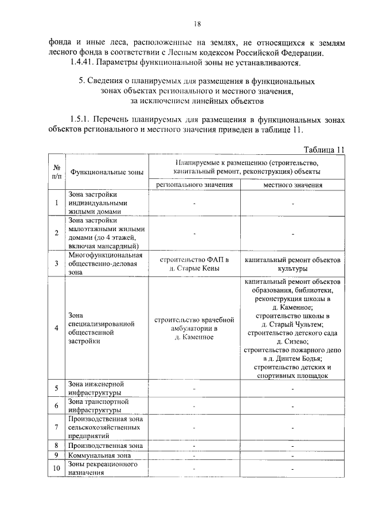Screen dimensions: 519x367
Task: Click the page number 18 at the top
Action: (197, 24)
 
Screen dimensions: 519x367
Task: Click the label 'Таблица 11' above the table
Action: (325, 150)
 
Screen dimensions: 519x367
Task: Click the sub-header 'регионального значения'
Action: (194, 185)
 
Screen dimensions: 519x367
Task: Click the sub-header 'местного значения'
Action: (292, 185)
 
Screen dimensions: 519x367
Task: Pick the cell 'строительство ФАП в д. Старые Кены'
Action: (194, 264)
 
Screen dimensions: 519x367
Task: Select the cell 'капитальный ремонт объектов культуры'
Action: (292, 264)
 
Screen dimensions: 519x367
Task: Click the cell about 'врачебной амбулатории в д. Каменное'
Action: (194, 328)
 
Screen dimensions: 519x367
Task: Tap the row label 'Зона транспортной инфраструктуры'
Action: (98, 406)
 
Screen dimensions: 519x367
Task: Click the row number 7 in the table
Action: (56, 427)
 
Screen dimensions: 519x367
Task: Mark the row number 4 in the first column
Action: (56, 328)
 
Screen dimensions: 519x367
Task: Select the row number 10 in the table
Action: (56, 469)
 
